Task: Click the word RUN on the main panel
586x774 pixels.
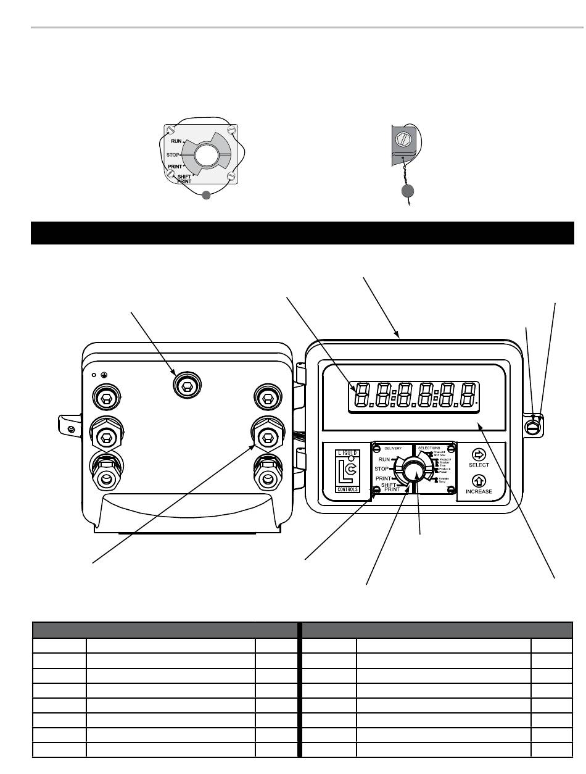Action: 384,460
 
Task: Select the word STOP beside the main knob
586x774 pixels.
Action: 382,469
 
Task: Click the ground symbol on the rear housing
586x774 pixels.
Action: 102,375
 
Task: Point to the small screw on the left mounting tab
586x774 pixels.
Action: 72,429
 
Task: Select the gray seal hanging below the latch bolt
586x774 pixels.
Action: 406,192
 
